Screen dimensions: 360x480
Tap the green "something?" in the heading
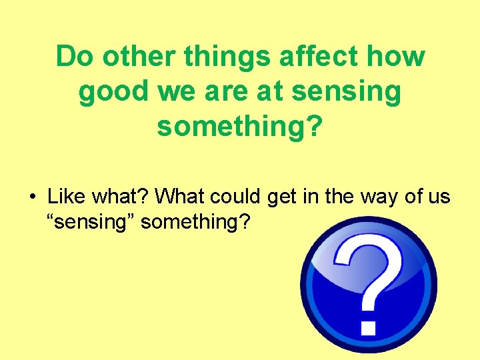[239, 127]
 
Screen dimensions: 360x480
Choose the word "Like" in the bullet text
[66, 197]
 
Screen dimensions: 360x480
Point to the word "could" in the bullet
[236, 197]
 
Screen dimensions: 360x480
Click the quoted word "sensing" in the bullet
[91, 221]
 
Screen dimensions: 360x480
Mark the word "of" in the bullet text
[411, 197]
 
